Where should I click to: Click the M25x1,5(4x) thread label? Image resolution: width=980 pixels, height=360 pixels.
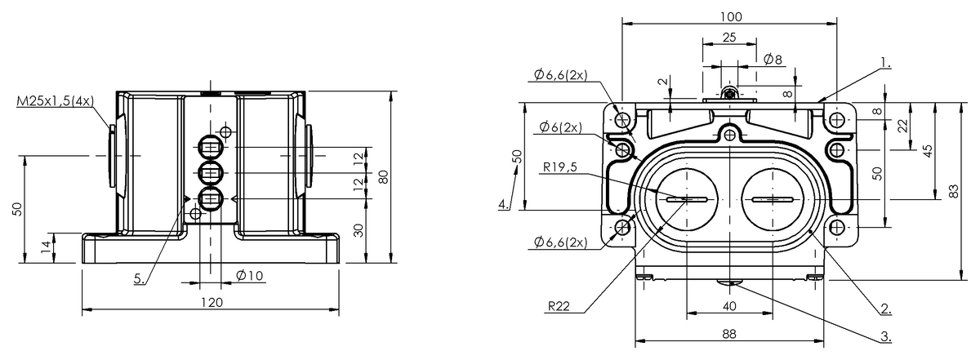pyautogui.click(x=56, y=100)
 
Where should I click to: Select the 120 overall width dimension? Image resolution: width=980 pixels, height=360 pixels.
pyautogui.click(x=212, y=301)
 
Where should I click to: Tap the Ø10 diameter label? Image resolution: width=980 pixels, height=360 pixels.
pyautogui.click(x=249, y=275)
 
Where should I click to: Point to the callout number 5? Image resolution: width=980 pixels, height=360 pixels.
pyautogui.click(x=140, y=278)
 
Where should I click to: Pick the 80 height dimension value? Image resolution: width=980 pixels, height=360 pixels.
pyautogui.click(x=382, y=177)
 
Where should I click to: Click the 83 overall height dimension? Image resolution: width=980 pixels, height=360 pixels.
pyautogui.click(x=953, y=190)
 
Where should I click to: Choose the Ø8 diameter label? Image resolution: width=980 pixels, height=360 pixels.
pyautogui.click(x=773, y=60)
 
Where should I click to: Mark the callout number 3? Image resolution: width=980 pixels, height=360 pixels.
pyautogui.click(x=885, y=336)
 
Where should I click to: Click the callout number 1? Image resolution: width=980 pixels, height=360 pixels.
pyautogui.click(x=886, y=61)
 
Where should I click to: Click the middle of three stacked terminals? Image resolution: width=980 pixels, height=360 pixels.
pyautogui.click(x=211, y=173)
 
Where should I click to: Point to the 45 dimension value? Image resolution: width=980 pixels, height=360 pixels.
pyautogui.click(x=929, y=151)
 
